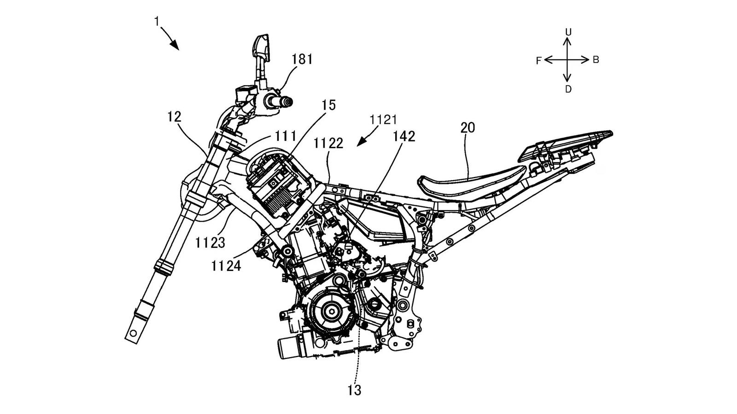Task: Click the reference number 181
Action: click(302, 59)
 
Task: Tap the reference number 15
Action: click(328, 105)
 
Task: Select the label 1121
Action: click(383, 120)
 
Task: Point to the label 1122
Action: click(328, 144)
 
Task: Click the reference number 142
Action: click(404, 136)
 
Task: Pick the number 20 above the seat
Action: click(468, 127)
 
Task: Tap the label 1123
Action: click(210, 242)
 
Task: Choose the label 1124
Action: click(226, 265)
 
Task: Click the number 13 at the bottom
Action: click(354, 390)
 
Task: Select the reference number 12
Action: click(174, 117)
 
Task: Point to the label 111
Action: click(286, 136)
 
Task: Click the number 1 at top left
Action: click(157, 21)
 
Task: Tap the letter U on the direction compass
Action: click(568, 32)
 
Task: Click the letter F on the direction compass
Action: click(538, 61)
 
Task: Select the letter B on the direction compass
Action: click(596, 60)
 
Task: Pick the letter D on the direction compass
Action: click(568, 89)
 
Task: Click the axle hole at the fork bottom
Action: click(133, 333)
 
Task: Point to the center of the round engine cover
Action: click(331, 311)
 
